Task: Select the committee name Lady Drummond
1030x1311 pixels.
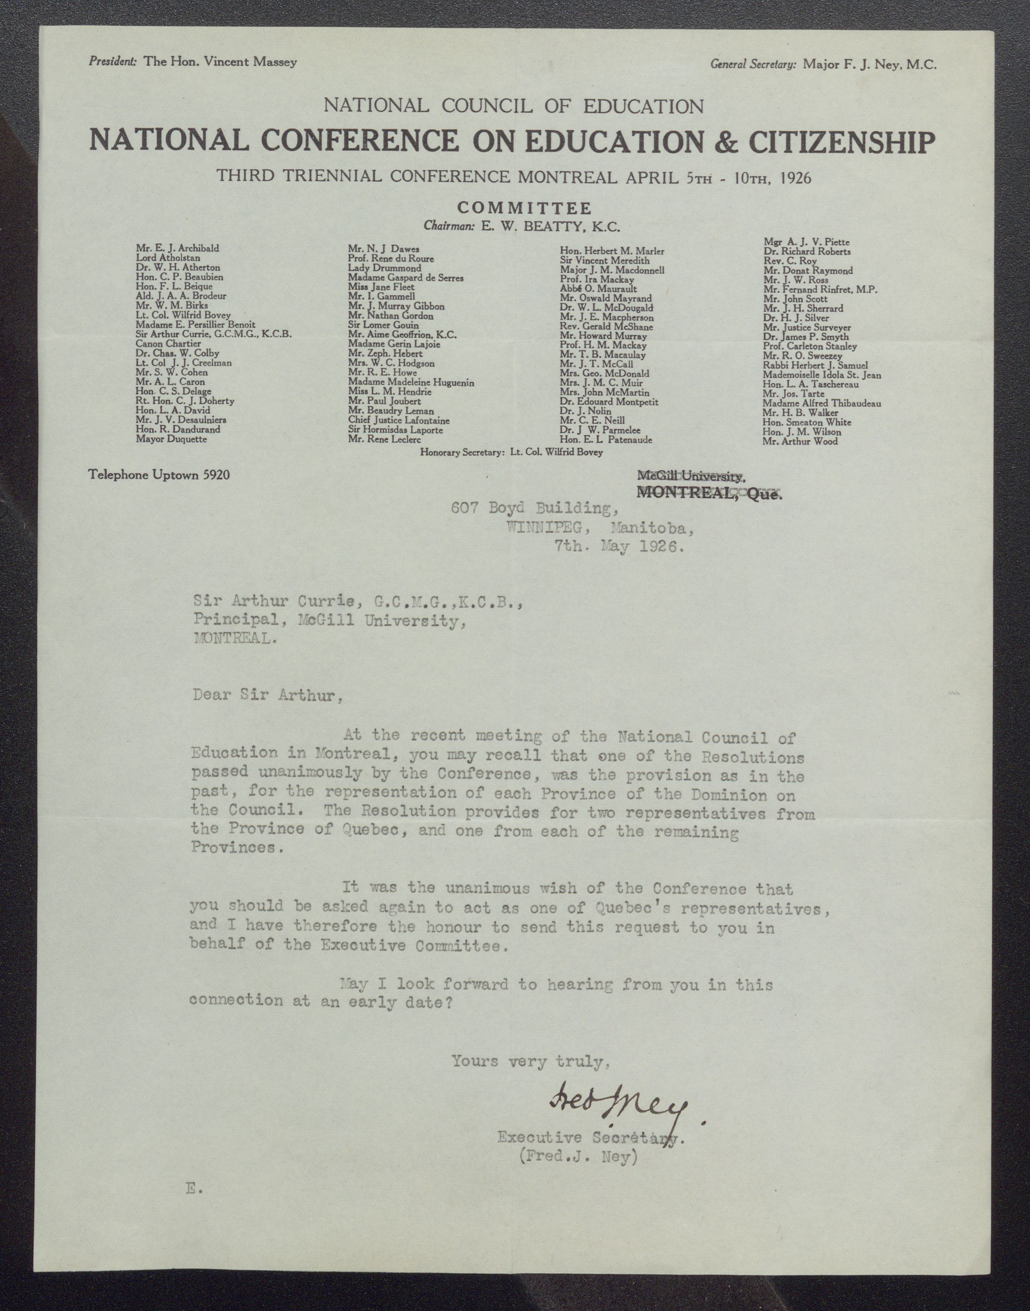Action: coord(384,268)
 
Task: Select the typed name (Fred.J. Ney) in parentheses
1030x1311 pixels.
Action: coord(578,1158)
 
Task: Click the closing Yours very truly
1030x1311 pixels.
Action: coord(531,1061)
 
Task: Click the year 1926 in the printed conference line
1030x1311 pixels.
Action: coord(790,177)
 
